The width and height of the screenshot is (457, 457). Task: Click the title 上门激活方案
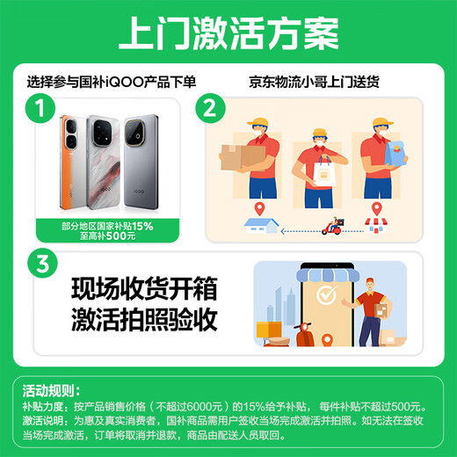coord(228,34)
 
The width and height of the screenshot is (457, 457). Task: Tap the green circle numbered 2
coord(208,110)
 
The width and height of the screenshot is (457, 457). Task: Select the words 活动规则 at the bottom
coord(52,390)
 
